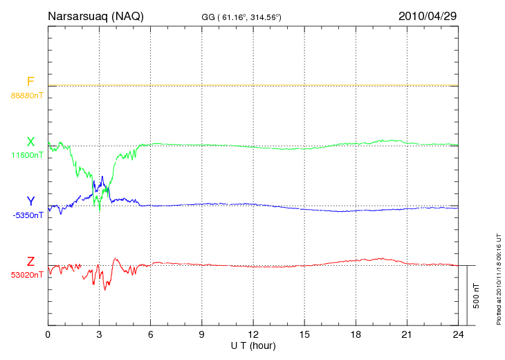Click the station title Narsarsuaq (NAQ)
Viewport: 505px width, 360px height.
pos(95,16)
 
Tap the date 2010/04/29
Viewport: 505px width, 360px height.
pos(427,16)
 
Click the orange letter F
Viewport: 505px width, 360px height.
pos(30,82)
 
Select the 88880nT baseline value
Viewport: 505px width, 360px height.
pos(27,95)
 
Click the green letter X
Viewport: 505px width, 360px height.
pos(30,142)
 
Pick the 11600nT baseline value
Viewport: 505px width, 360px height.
pos(27,155)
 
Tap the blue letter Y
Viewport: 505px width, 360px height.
pos(30,201)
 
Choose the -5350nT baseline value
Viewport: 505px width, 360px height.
pos(27,215)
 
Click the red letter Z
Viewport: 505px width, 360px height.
pos(30,262)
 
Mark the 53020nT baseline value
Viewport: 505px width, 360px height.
pos(27,275)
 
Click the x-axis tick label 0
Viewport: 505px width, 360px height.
pos(48,335)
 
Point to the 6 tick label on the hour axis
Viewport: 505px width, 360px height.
pos(151,335)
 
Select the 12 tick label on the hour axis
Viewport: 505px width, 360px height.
pos(253,335)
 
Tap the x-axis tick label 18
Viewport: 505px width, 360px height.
pos(356,335)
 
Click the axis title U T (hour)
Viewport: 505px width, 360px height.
pos(253,345)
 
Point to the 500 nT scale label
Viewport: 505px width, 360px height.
pos(477,295)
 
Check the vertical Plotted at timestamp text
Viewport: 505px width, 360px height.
pos(498,277)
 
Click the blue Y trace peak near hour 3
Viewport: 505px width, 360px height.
pos(102,177)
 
